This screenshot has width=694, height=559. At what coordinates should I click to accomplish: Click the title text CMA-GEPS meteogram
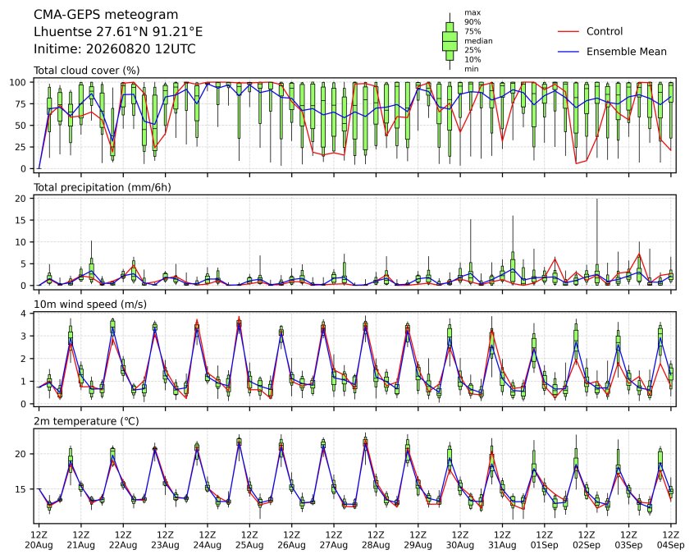[x=106, y=15]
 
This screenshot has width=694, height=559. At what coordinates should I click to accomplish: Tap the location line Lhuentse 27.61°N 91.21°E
[x=118, y=32]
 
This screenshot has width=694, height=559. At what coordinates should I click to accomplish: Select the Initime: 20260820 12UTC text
[x=115, y=48]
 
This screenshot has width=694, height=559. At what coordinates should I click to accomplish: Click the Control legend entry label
[x=604, y=31]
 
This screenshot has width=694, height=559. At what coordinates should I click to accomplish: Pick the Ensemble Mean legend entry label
[x=626, y=52]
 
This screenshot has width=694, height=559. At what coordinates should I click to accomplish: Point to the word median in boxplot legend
[x=478, y=41]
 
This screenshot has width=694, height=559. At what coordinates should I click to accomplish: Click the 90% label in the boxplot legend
[x=473, y=21]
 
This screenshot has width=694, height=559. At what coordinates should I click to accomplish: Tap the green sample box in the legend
[x=450, y=41]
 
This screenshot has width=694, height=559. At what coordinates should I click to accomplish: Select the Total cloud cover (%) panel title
[x=87, y=71]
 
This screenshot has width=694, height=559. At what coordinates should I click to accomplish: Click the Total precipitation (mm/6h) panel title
[x=103, y=187]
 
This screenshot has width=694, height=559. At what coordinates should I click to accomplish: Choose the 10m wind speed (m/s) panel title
[x=90, y=305]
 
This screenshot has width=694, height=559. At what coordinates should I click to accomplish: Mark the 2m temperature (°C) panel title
[x=86, y=421]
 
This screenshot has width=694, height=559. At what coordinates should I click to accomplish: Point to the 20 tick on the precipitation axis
[x=21, y=199]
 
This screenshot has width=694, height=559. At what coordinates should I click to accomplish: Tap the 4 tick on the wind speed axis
[x=24, y=314]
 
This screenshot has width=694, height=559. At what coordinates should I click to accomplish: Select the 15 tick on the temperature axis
[x=21, y=489]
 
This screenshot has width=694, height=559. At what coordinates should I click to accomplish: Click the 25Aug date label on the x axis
[x=249, y=545]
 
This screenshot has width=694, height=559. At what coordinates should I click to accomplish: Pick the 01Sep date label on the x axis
[x=545, y=545]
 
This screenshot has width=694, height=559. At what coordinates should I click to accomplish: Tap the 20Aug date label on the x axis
[x=39, y=545]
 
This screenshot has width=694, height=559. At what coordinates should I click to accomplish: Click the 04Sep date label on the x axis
[x=670, y=545]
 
